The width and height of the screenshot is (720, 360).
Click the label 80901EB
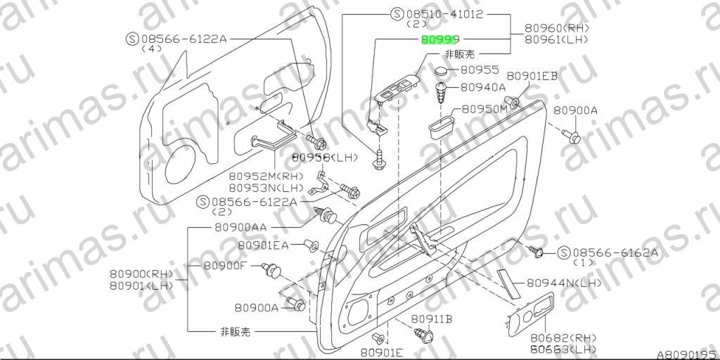click(532, 76)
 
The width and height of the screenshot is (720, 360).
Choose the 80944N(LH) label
click(563, 283)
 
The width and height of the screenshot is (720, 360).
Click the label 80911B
click(432, 319)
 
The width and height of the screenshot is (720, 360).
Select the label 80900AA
click(240, 227)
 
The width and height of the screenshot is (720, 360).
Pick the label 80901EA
click(263, 245)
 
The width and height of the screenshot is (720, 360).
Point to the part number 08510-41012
click(444, 14)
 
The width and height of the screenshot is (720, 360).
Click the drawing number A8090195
click(687, 355)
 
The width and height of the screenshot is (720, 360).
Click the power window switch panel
click(397, 88)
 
